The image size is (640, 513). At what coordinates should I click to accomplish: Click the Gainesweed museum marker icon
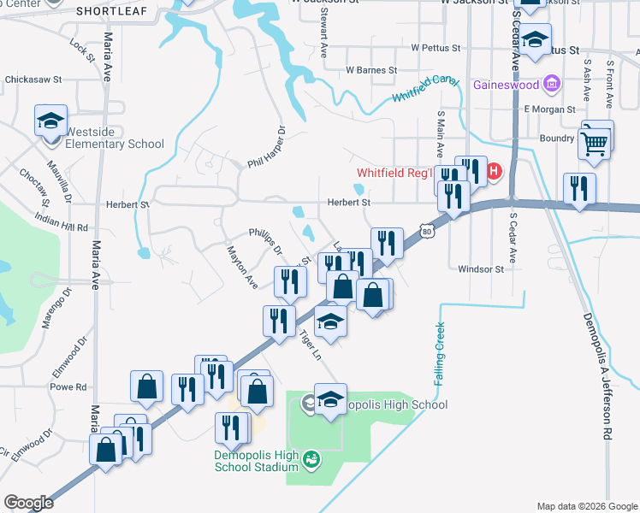(552, 85)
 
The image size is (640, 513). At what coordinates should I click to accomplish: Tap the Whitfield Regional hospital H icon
(494, 174)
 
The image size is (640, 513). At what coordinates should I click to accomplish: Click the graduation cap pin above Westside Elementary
(50, 121)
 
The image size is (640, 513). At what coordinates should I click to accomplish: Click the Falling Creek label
(440, 353)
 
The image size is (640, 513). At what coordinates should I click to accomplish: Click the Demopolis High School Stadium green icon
(311, 459)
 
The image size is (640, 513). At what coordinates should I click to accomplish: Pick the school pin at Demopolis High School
(330, 399)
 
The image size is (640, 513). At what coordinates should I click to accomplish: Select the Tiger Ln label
(310, 345)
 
